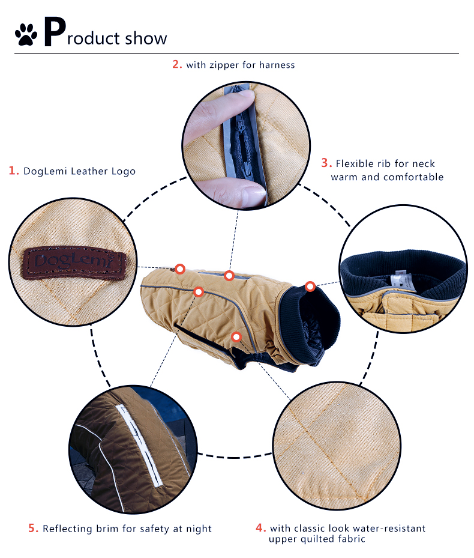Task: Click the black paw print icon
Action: point(26,34)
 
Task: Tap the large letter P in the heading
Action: point(55,32)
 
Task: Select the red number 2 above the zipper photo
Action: point(177,64)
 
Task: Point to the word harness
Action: point(277,65)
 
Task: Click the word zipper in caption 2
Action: point(224,65)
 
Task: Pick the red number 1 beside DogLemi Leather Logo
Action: point(14,171)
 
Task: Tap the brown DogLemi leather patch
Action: point(74,262)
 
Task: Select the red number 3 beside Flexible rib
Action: point(326,163)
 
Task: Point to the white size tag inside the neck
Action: point(401,280)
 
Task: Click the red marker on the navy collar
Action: point(310,286)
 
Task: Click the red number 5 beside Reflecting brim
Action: point(33,528)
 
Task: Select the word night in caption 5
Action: point(199,529)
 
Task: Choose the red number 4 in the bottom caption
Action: point(260,527)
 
